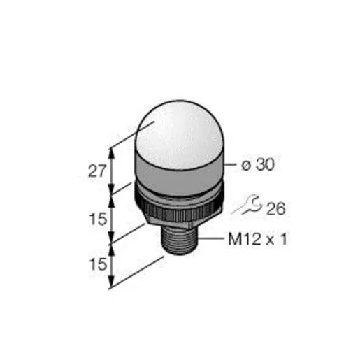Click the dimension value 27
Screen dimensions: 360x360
click(x=97, y=171)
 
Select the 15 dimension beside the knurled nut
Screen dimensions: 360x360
click(x=98, y=219)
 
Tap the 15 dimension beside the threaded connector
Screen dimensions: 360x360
click(x=98, y=264)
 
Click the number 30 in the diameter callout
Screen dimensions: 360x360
click(x=265, y=164)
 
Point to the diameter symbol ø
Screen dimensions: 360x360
click(x=246, y=166)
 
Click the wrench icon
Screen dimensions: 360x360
click(x=247, y=205)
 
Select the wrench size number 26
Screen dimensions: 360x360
click(x=275, y=208)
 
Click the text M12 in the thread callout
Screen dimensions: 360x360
click(x=245, y=239)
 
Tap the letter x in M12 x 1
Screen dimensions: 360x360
click(x=271, y=240)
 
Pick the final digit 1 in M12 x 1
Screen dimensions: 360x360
click(x=283, y=239)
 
